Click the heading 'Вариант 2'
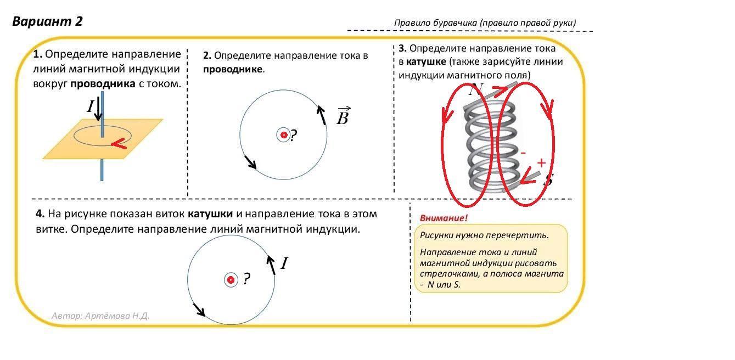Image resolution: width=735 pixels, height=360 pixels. (x=47, y=21)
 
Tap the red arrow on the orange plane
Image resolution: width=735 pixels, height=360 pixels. (x=120, y=144)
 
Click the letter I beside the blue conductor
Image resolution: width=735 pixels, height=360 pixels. (x=91, y=106)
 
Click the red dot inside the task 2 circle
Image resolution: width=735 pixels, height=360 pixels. (x=284, y=134)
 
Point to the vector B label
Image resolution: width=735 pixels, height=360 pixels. (x=343, y=116)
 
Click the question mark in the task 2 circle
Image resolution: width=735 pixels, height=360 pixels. (x=294, y=135)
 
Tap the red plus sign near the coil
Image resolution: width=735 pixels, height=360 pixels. (x=541, y=162)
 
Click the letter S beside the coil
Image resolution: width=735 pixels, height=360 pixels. (x=547, y=179)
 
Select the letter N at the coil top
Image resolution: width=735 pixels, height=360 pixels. (x=475, y=90)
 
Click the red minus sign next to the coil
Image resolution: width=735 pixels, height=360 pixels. (x=523, y=152)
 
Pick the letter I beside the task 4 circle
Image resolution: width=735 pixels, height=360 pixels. (x=284, y=264)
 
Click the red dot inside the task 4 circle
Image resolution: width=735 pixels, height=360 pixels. (x=231, y=280)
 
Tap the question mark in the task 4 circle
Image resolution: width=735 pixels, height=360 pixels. (x=246, y=279)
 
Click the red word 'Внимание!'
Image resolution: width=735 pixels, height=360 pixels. (x=444, y=218)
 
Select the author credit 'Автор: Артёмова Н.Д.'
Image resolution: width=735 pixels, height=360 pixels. (x=100, y=316)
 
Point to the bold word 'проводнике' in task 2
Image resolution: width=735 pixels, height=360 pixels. (x=233, y=70)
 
